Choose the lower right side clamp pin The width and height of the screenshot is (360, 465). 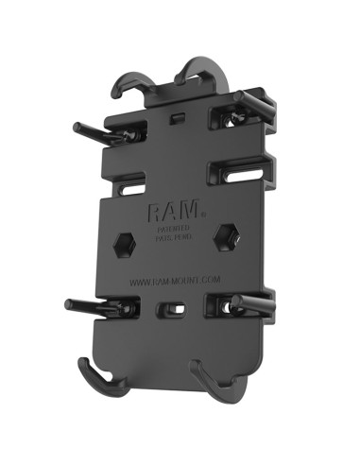click(x=251, y=303)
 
